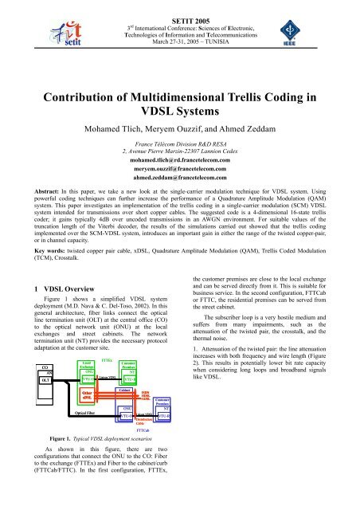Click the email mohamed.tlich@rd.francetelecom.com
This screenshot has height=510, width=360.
(180, 159)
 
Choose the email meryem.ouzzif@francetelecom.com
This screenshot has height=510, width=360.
(180, 169)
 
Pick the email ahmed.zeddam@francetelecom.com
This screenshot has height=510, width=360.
(180, 179)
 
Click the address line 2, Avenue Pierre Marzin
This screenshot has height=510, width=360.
(180, 148)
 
